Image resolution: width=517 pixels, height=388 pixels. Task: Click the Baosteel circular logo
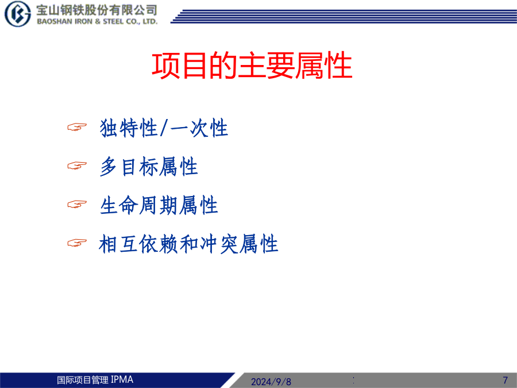coord(17,14)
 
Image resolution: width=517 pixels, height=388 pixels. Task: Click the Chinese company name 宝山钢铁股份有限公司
coord(97,10)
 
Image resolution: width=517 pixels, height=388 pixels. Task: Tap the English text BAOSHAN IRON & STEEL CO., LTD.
coord(97,22)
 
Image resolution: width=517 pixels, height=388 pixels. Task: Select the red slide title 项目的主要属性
coord(252,66)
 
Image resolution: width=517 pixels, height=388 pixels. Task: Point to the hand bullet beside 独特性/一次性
coord(77,126)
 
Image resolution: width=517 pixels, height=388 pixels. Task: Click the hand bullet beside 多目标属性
coord(77,166)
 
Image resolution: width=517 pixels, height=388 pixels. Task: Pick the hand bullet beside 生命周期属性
coord(77,204)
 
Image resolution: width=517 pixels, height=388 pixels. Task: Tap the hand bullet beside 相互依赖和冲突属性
coord(77,243)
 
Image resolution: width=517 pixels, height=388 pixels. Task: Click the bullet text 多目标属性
coord(149,166)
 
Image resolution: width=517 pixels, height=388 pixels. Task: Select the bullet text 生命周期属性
coord(159,205)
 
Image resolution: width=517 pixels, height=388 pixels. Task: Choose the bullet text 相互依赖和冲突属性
coord(188,244)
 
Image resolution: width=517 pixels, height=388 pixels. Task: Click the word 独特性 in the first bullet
coord(129,128)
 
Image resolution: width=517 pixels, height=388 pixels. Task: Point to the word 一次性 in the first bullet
coord(199,128)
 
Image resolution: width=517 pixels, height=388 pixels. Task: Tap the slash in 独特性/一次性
coord(164,128)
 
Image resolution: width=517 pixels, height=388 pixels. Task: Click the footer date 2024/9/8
coord(271,382)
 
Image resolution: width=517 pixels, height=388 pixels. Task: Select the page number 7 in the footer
coord(505,380)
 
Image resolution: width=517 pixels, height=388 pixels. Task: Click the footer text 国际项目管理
coord(82,380)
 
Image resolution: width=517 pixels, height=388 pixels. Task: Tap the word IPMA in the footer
coord(122,380)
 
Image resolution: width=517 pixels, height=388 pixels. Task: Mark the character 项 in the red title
coord(165,66)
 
